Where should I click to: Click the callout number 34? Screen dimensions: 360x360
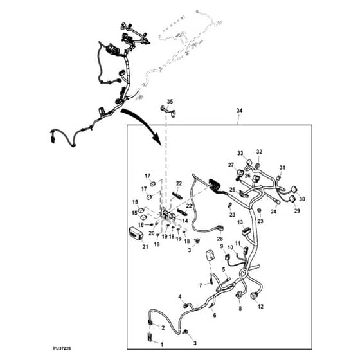(239, 111)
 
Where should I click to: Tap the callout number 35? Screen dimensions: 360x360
(170, 102)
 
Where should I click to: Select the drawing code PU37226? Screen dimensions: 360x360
(62, 348)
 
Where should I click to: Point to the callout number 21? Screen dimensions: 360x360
(145, 247)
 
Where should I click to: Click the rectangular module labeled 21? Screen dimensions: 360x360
(136, 234)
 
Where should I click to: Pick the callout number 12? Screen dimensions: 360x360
(260, 306)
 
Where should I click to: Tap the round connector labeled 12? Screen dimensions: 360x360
(255, 295)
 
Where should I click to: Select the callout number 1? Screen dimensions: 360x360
(162, 345)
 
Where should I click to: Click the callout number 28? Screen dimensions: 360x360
(220, 239)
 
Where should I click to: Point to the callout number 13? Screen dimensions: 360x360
(240, 222)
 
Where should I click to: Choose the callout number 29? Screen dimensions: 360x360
(297, 211)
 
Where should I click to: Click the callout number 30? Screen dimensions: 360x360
(302, 199)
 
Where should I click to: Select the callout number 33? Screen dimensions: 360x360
(240, 153)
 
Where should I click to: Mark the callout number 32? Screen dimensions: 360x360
(259, 152)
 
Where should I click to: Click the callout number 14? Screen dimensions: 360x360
(185, 221)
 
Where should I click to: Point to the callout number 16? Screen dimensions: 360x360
(141, 225)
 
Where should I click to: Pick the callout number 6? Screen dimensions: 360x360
(215, 315)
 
